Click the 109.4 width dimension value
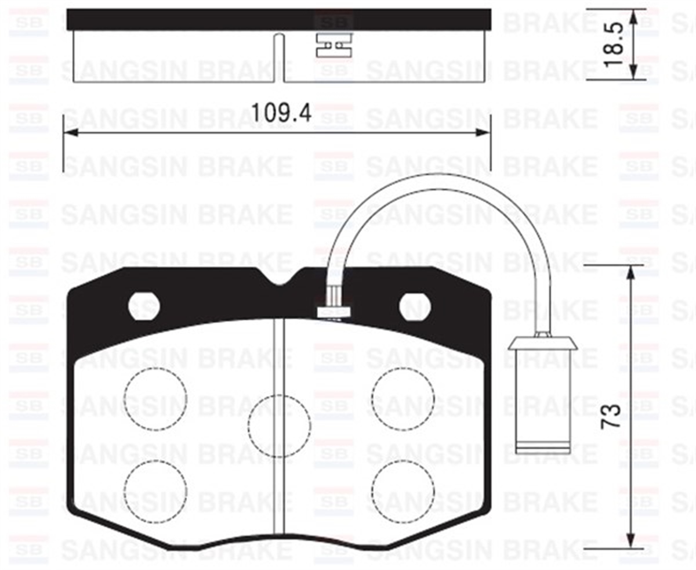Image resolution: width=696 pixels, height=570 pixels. tap(281, 111)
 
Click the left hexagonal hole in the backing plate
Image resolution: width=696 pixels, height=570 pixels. tap(144, 306)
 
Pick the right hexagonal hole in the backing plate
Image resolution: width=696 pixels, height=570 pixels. tap(415, 306)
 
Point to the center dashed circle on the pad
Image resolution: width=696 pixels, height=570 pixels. tap(279, 426)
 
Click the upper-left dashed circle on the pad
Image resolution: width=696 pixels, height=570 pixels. tap(155, 399)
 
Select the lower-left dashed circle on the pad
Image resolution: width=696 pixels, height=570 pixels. tap(155, 491)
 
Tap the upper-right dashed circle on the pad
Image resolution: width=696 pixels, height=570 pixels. tap(403, 399)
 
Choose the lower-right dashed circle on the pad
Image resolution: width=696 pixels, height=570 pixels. tap(403, 491)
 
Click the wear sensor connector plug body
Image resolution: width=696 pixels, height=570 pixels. tap(543, 401)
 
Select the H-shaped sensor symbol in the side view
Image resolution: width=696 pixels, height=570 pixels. tap(334, 45)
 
